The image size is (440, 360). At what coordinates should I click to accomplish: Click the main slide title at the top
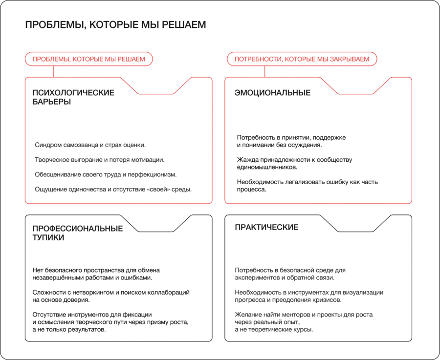(x=115, y=25)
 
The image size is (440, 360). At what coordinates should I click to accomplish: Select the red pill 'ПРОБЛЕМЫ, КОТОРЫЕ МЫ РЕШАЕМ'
(x=88, y=59)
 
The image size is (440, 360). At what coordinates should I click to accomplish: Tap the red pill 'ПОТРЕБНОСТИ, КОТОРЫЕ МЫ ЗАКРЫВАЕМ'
(x=302, y=59)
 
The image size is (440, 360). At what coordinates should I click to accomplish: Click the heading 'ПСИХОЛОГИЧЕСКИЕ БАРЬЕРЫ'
(x=73, y=97)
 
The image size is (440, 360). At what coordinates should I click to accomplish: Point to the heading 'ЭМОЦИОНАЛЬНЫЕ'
(x=272, y=93)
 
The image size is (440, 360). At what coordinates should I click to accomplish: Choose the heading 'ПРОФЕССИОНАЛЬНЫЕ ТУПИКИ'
(x=77, y=233)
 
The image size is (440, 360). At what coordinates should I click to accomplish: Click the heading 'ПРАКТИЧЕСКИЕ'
(x=266, y=228)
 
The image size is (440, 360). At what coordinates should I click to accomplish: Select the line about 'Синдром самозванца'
(x=90, y=145)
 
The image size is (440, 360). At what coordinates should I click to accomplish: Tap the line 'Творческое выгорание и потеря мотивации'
(x=100, y=160)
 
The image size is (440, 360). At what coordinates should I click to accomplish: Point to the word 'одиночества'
(x=85, y=189)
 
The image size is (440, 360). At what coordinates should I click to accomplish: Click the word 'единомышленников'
(x=267, y=167)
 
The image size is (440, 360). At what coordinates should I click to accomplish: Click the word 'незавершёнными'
(x=57, y=278)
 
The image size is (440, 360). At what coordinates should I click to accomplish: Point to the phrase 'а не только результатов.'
(x=69, y=329)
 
